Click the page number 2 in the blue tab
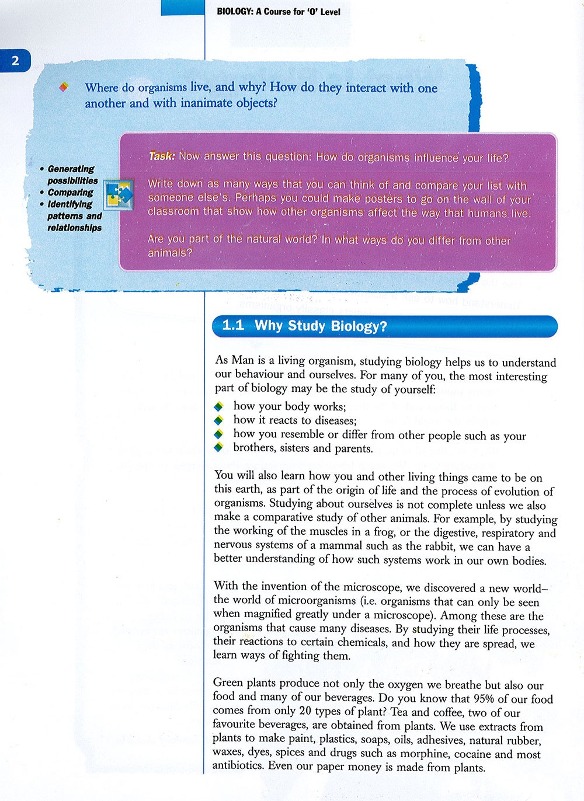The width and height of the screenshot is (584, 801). (x=15, y=61)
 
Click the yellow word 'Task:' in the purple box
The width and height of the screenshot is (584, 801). (x=162, y=156)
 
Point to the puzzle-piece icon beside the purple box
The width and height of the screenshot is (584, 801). (x=119, y=194)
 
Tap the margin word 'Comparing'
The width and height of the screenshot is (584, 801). (x=70, y=193)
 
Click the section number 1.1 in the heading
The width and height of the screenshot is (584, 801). (x=234, y=325)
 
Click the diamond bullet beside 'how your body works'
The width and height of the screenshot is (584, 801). (x=219, y=406)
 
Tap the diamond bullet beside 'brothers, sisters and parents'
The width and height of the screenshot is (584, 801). (x=219, y=448)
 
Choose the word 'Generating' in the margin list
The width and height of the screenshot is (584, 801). (x=71, y=169)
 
